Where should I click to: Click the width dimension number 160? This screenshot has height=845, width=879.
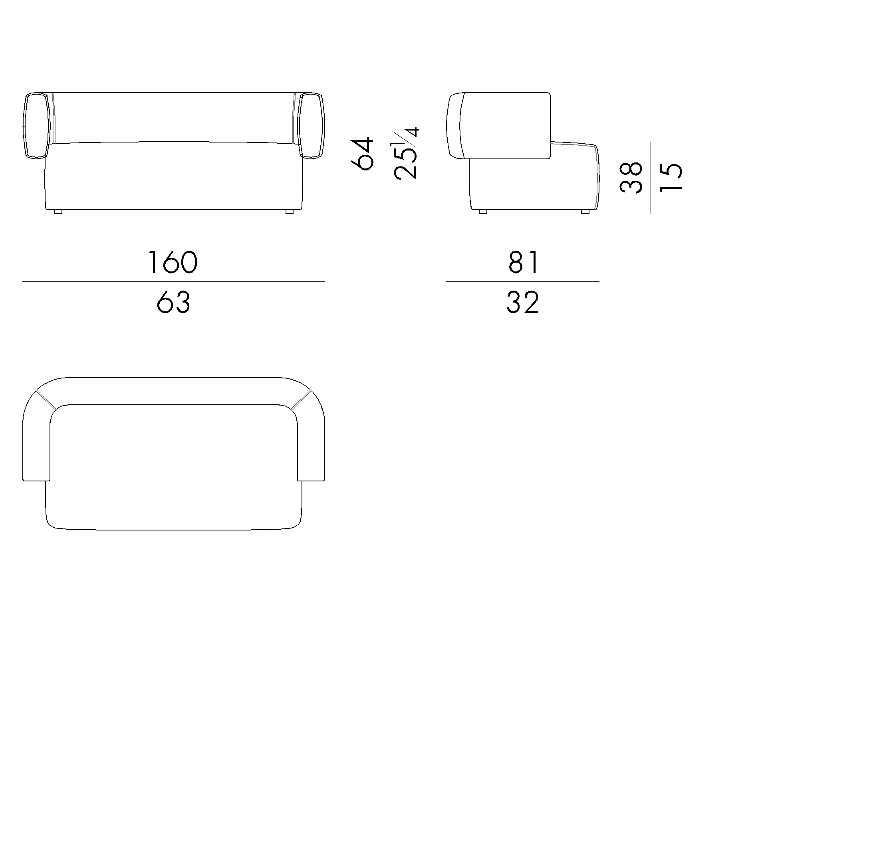173,262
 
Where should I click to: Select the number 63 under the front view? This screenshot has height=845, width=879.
174,302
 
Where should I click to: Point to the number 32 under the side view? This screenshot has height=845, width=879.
522,303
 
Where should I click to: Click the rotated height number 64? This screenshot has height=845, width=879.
361,153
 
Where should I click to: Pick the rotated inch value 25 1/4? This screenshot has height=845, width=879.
406,153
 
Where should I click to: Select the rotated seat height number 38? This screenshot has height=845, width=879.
631,178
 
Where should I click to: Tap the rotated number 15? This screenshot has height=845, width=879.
671,178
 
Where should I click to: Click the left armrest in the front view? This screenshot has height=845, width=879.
36,125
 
